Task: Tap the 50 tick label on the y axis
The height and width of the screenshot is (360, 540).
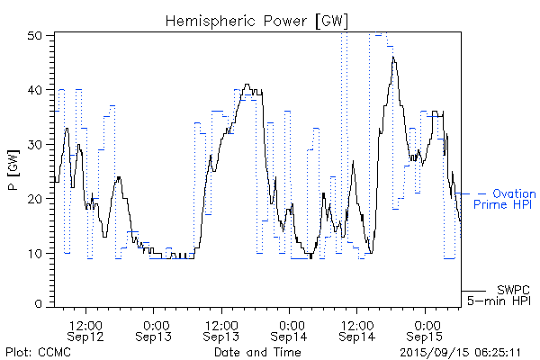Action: [x=35, y=36]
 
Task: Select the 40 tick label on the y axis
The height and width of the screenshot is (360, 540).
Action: [x=35, y=90]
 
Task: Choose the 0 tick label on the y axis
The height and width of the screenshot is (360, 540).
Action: [x=39, y=304]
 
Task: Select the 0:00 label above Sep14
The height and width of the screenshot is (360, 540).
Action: [x=290, y=323]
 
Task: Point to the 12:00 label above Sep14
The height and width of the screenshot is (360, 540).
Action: [x=357, y=323]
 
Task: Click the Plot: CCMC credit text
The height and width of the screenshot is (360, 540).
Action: [x=38, y=351]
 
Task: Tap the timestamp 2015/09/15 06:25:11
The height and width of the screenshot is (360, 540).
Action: [x=460, y=351]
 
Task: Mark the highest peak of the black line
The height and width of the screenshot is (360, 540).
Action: [x=392, y=58]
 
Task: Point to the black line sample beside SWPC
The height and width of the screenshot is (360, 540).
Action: [x=474, y=291]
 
